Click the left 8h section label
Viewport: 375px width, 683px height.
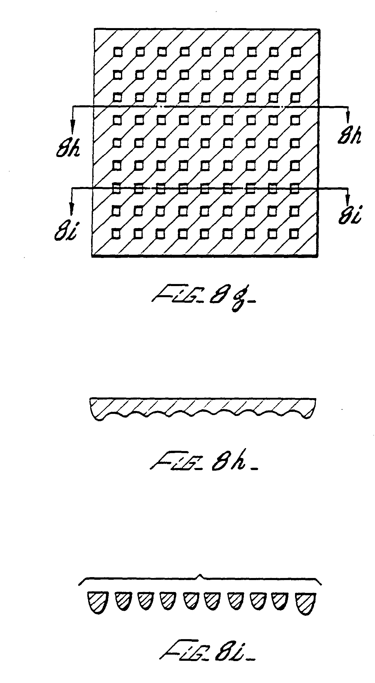68,148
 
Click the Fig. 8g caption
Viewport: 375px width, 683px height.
202,300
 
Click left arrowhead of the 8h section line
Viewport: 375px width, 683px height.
72,125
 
